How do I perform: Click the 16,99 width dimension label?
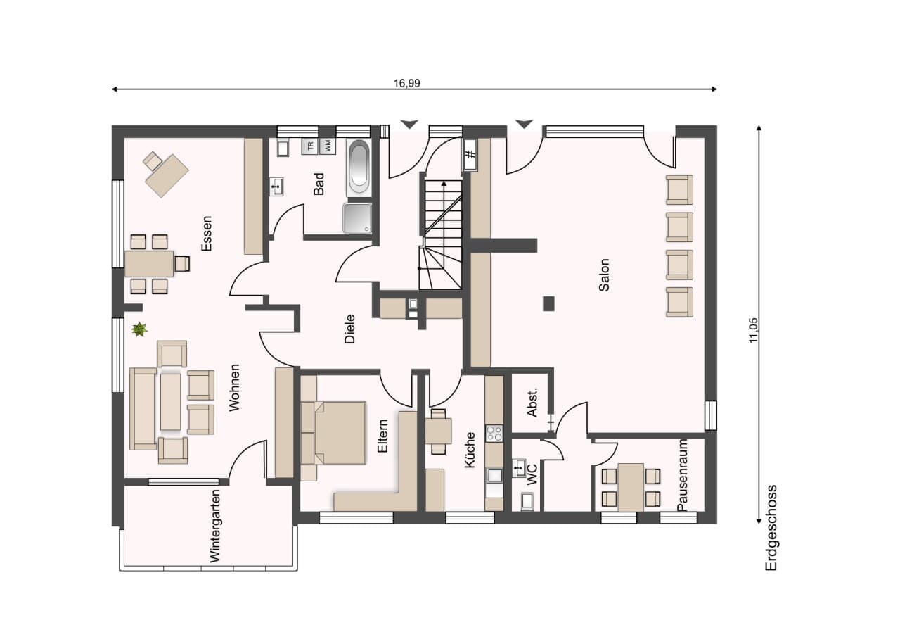point(406,83)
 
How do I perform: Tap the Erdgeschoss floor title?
point(771,528)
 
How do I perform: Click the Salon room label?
point(604,275)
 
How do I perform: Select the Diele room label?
point(350,329)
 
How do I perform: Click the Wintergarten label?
point(215,526)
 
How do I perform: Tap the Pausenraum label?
point(682,475)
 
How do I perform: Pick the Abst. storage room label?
point(532,403)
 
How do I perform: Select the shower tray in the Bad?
point(357,218)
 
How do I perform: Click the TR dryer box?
point(310,146)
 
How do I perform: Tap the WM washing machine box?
point(327,146)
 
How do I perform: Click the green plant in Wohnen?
point(139,329)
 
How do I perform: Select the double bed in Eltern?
point(333,433)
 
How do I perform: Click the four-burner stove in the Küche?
point(494,434)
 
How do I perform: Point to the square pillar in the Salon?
point(549,303)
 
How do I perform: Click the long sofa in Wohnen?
point(143,408)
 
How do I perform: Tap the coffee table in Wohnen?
point(171,402)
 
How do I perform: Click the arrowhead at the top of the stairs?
point(444,184)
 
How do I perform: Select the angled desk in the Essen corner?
point(167,176)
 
